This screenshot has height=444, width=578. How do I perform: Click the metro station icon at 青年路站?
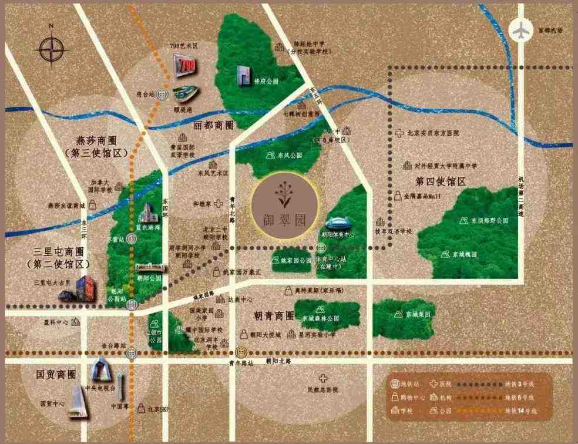(241, 354)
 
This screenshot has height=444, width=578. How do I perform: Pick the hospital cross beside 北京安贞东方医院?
(399, 133)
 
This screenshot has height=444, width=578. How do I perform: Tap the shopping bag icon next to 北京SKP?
(140, 408)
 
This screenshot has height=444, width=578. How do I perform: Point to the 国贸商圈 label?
(56, 374)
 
